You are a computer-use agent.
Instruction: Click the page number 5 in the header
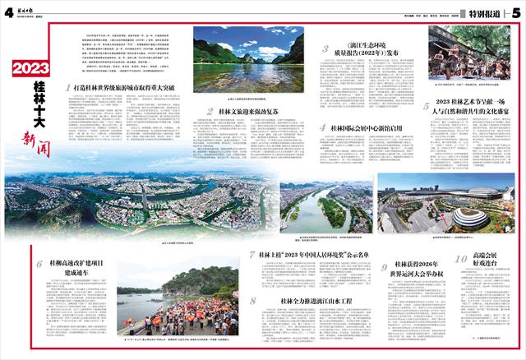515,11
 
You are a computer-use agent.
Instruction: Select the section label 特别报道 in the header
486,12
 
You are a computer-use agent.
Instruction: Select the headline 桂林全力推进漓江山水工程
316,301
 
